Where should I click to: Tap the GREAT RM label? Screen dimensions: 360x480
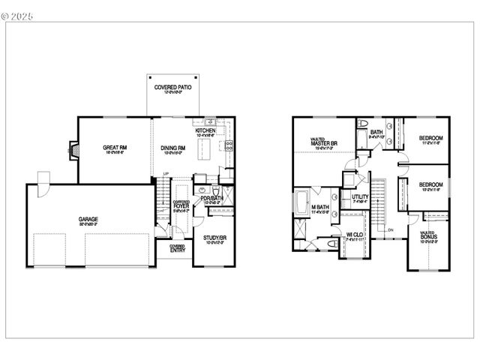pyautogui.click(x=115, y=148)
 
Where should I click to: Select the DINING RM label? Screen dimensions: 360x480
pyautogui.click(x=172, y=148)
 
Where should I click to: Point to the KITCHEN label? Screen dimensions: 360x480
pyautogui.click(x=205, y=130)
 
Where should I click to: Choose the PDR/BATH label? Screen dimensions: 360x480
pyautogui.click(x=212, y=198)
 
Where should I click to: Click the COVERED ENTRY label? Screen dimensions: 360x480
pyautogui.click(x=178, y=249)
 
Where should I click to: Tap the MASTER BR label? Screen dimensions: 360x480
pyautogui.click(x=323, y=142)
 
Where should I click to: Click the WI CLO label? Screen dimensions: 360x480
pyautogui.click(x=355, y=235)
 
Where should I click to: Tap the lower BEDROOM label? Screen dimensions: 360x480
pyautogui.click(x=430, y=184)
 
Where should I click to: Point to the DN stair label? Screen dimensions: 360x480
pyautogui.click(x=390, y=229)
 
